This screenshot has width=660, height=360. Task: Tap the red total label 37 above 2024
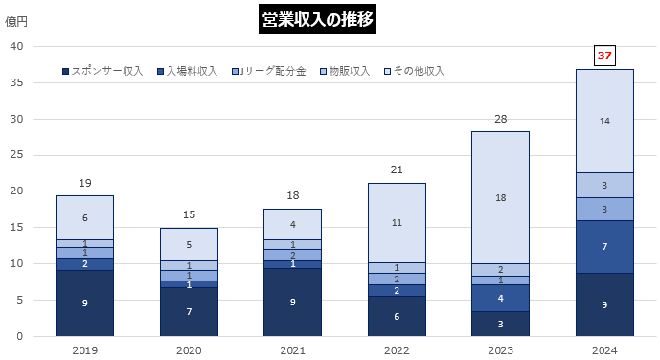coord(604,56)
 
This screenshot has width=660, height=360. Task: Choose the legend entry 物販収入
coord(347,71)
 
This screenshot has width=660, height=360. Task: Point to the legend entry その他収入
coord(413,71)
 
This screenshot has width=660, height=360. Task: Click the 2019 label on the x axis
coord(84,350)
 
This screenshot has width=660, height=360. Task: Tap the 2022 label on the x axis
coord(397,350)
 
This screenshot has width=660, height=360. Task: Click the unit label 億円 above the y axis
coord(21,19)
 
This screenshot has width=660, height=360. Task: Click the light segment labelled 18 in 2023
coord(500,197)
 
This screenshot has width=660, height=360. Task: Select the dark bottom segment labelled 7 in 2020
coord(189,312)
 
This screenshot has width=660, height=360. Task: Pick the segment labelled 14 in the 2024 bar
coord(604,121)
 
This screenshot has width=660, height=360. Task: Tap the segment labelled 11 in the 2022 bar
coord(397,222)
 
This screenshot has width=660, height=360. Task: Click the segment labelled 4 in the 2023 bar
coord(500,298)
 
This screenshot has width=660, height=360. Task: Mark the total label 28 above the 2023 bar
coord(500,118)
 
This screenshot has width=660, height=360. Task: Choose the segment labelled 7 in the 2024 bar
coord(604,247)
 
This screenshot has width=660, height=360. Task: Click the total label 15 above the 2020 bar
coord(189,214)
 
